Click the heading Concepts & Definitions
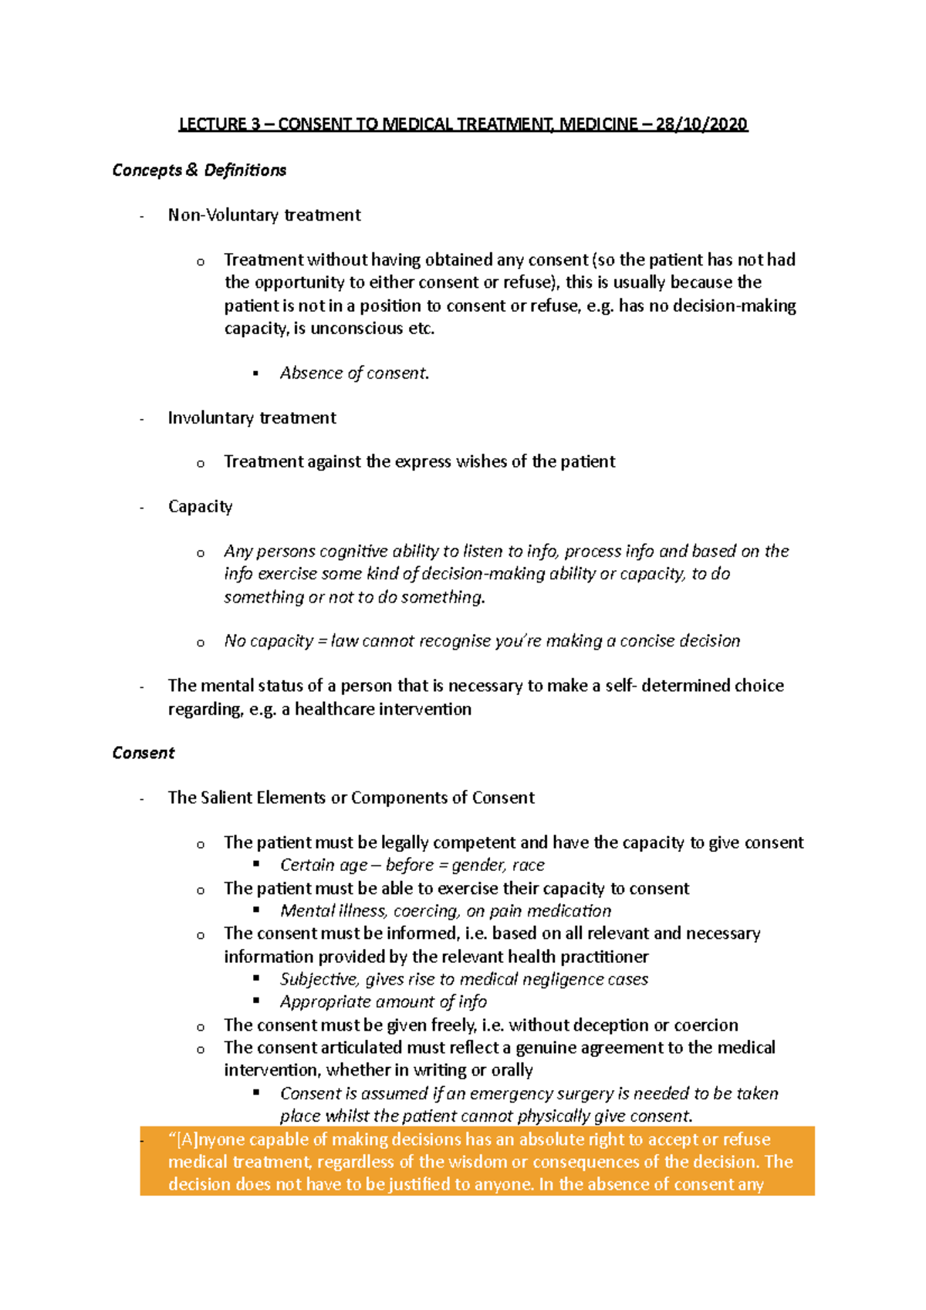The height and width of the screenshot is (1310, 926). (x=199, y=171)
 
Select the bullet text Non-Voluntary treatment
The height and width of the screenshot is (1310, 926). (x=264, y=215)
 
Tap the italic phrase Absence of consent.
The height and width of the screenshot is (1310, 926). (x=354, y=373)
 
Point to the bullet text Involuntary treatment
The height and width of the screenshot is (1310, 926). (x=252, y=418)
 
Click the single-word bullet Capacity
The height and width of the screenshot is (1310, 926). (x=200, y=507)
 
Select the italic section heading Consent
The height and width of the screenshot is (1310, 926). (x=144, y=753)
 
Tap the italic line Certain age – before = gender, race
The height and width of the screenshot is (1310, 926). (x=412, y=865)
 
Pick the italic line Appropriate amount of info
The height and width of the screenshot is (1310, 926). (x=383, y=1001)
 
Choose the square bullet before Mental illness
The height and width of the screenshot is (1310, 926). (x=256, y=910)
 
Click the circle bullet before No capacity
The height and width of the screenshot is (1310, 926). (x=201, y=643)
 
